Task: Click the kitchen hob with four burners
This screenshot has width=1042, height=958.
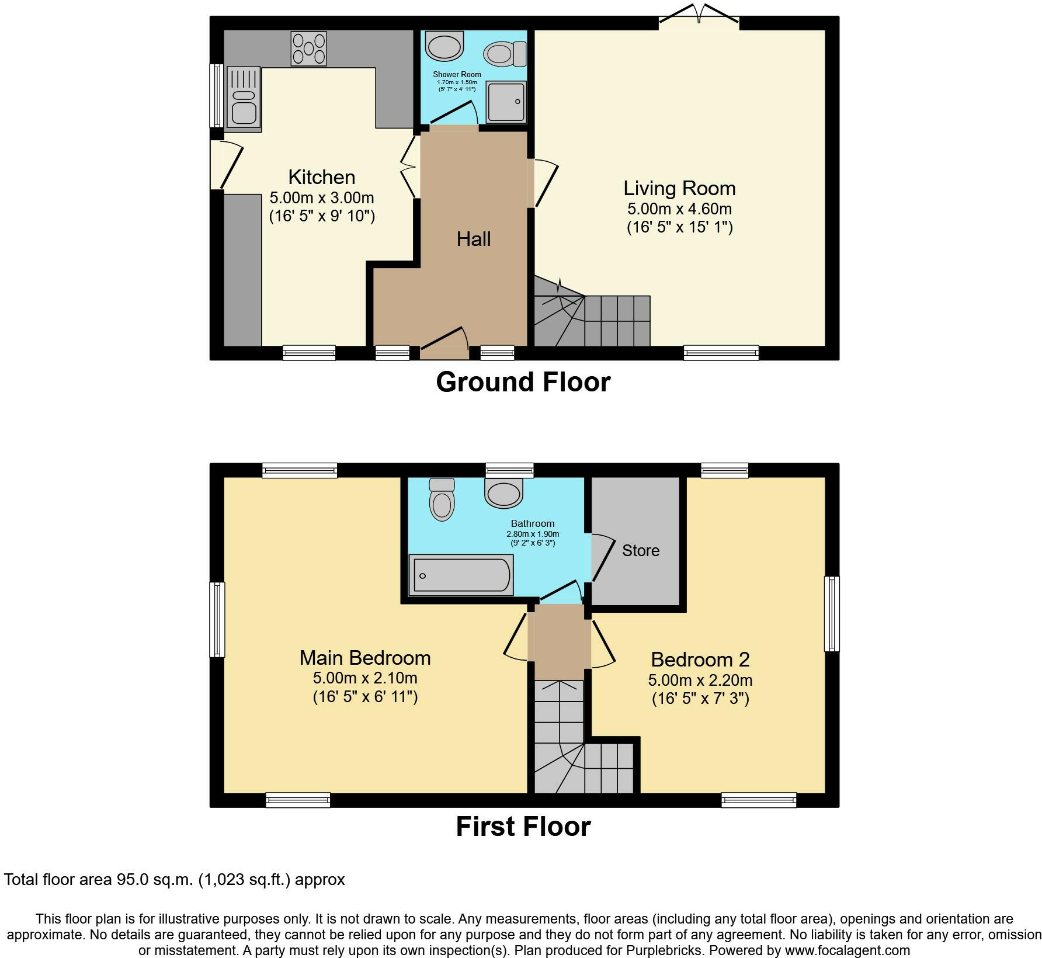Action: pos(309,48)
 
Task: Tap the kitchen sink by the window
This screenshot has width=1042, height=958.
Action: pos(243,97)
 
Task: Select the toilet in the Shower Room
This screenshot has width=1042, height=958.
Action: pos(505,54)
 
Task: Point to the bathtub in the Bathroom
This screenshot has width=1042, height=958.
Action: pos(461,575)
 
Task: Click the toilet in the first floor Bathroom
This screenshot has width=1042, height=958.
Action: pos(441,499)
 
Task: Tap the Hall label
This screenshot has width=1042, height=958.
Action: pos(474,239)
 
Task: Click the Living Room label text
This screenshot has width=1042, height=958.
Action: pos(679,188)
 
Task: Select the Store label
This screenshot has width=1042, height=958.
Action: pos(641,550)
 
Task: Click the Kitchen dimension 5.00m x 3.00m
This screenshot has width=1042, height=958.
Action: pos(322,198)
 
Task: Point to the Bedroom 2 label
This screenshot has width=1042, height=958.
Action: pos(700,660)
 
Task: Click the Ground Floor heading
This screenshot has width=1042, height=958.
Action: pos(523,382)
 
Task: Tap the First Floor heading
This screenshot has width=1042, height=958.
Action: pos(523,827)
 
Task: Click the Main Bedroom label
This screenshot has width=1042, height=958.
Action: pos(365,658)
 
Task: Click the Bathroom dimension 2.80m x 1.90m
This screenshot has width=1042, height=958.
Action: pos(533,534)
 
